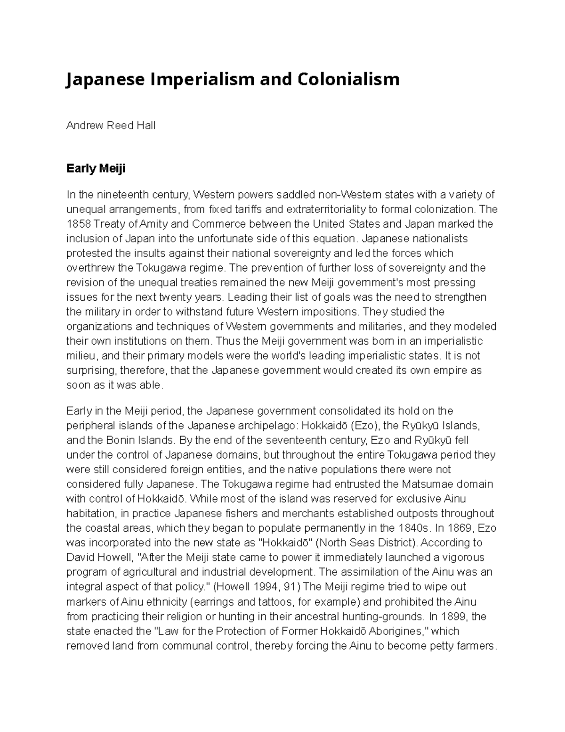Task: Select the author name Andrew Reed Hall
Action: (x=111, y=126)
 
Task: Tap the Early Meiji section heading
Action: (x=96, y=168)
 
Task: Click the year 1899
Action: (x=453, y=617)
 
